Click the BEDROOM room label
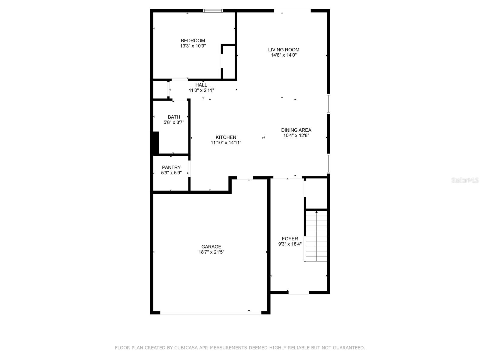[x=193, y=40]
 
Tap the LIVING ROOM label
[x=283, y=50]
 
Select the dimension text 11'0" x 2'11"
[x=201, y=90]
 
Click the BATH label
[x=174, y=117]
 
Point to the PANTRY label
[x=171, y=167]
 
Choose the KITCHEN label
[x=226, y=137]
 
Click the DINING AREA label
[x=296, y=130]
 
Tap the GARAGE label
[x=211, y=247]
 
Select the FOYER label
[x=290, y=239]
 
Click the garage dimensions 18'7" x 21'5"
[x=211, y=252]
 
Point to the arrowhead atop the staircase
[x=316, y=212]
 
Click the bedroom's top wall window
[x=213, y=11]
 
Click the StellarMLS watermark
[x=465, y=180]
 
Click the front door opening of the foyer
[x=298, y=292]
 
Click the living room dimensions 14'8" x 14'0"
[x=283, y=55]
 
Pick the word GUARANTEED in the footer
[x=350, y=348]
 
